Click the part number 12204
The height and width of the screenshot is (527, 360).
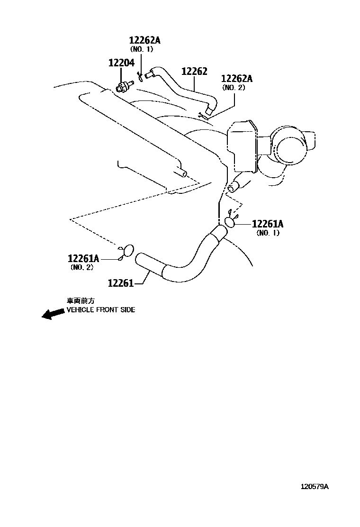(121, 63)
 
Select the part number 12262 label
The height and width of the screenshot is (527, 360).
(194, 71)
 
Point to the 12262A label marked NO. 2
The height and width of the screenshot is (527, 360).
(237, 79)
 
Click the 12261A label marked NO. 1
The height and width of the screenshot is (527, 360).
(267, 224)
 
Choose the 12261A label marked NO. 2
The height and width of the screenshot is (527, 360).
(83, 258)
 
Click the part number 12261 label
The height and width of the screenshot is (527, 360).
(121, 283)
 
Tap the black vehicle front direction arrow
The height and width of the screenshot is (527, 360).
(53, 314)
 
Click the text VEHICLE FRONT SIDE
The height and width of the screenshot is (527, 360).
(100, 310)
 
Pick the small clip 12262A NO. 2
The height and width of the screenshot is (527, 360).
(202, 114)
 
